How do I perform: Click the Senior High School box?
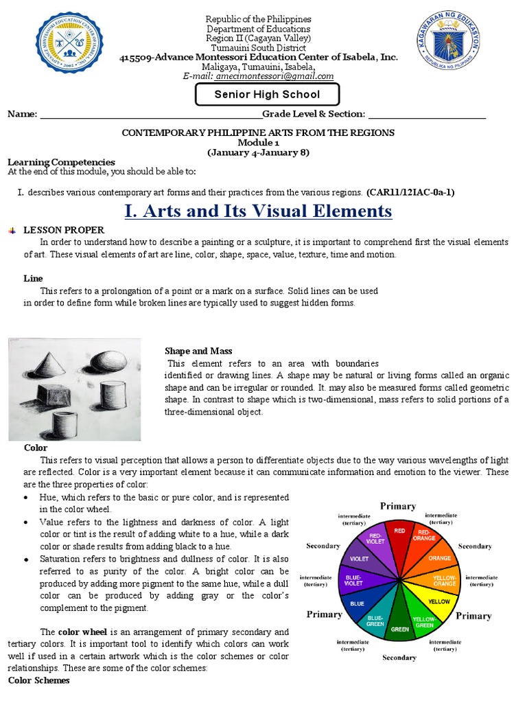coord(267,94)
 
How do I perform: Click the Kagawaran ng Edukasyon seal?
coord(447,44)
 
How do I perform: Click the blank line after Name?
coord(150,114)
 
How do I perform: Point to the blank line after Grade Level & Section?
coord(427,114)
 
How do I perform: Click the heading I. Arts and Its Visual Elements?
coord(258,211)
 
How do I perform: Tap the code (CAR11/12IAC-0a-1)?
coord(410,192)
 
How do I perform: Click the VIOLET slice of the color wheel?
coord(360,560)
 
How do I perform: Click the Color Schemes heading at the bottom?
coord(38,680)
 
